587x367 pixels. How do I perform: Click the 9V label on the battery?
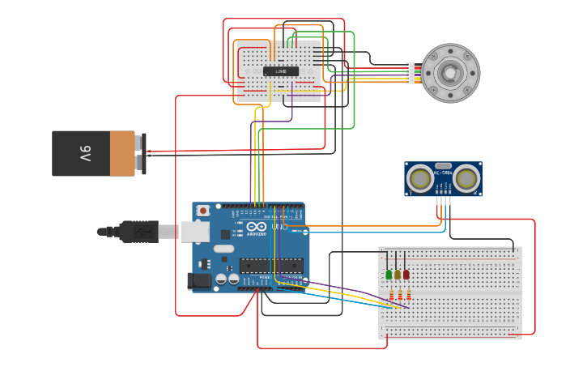(85, 153)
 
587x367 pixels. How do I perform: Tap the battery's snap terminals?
(142, 152)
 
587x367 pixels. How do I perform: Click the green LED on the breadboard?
(389, 275)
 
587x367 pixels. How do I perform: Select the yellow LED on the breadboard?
(398, 275)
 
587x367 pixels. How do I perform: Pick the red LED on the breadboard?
(406, 275)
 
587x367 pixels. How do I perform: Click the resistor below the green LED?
(391, 295)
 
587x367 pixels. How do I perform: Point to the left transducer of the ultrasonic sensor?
(420, 178)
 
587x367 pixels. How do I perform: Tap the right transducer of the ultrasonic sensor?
(466, 178)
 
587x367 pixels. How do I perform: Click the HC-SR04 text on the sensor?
(443, 172)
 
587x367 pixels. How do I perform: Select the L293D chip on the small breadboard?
(280, 71)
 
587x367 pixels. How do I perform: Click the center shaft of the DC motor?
(449, 73)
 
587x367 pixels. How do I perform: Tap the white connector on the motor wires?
(410, 73)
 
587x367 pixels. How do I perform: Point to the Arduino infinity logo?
(256, 228)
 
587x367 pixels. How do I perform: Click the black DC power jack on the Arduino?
(199, 281)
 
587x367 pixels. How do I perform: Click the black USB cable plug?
(138, 232)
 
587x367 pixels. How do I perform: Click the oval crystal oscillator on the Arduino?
(223, 248)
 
